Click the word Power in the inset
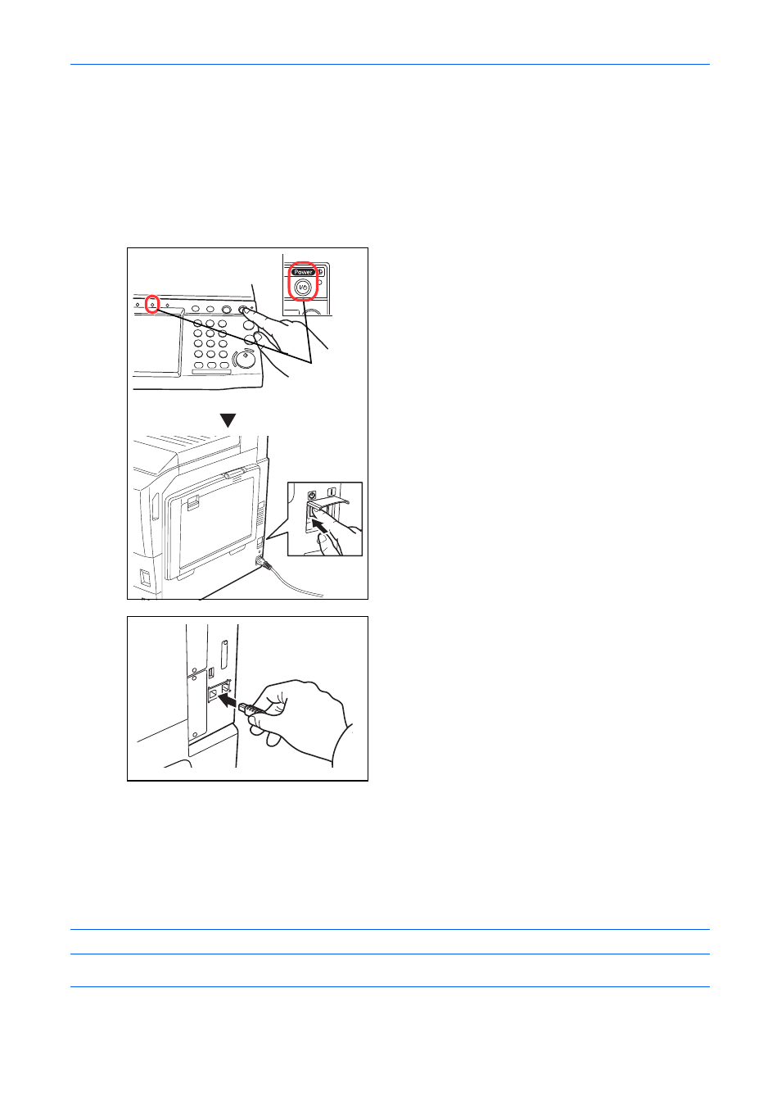(302, 272)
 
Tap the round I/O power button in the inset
(303, 288)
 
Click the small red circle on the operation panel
(152, 304)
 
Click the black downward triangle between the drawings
(228, 420)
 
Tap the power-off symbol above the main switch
(311, 495)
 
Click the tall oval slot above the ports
(224, 655)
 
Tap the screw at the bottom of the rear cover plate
(195, 735)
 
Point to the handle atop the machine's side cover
(235, 474)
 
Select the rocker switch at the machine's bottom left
(146, 578)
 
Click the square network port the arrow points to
(213, 693)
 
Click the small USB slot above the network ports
(212, 673)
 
